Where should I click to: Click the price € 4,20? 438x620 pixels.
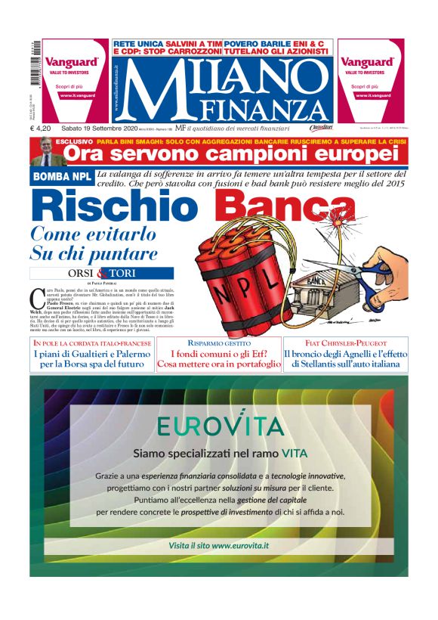click(41, 129)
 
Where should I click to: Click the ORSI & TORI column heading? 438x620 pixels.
click(101, 273)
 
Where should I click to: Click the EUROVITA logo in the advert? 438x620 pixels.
click(220, 426)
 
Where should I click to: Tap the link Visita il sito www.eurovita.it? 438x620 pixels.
click(219, 545)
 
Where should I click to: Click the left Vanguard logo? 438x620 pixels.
click(72, 62)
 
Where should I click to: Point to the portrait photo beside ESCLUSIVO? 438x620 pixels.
click(45, 152)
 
